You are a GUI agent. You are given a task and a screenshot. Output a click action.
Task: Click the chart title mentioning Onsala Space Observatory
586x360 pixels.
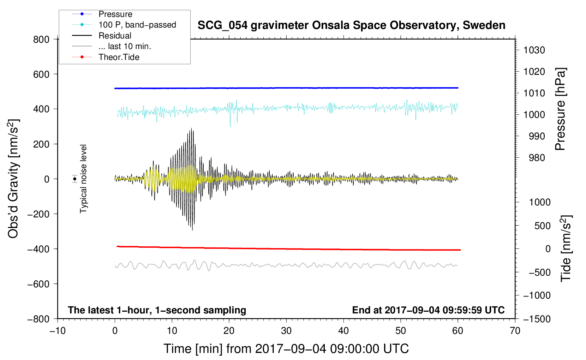pos(351,25)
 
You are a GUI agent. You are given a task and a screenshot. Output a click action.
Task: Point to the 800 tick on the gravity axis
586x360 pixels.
pos(41,40)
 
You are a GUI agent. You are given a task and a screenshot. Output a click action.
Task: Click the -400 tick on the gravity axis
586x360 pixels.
pos(38,249)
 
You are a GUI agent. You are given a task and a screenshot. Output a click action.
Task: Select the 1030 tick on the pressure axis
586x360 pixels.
pos(534,50)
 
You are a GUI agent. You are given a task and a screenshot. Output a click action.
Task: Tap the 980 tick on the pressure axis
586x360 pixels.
pos(537,158)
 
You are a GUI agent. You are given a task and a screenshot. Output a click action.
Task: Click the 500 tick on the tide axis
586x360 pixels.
pos(542,226)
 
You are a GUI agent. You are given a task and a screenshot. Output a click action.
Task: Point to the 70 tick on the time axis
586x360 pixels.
pos(515,331)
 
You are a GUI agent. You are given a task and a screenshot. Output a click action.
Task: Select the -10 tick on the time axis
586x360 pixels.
pos(58,331)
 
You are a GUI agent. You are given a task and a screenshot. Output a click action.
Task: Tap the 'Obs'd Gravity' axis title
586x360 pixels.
pos(13,179)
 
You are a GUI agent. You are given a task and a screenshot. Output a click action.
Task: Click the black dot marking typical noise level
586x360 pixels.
pos(75,179)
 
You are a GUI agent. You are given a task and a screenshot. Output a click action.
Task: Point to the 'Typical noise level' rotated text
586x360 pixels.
pos(83,179)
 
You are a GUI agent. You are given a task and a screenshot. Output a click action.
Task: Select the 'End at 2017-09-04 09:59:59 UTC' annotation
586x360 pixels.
pos(428,310)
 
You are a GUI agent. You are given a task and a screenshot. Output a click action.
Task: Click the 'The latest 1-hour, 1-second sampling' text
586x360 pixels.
pos(157,310)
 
